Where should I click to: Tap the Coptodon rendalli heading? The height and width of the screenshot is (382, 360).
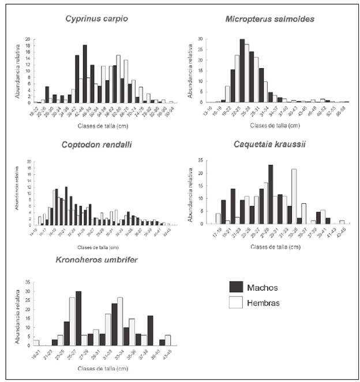coord(96,144)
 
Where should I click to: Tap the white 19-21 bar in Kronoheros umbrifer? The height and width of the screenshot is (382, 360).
coord(36,343)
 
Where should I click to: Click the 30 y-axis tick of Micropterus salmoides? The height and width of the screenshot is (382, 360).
coord(202,39)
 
